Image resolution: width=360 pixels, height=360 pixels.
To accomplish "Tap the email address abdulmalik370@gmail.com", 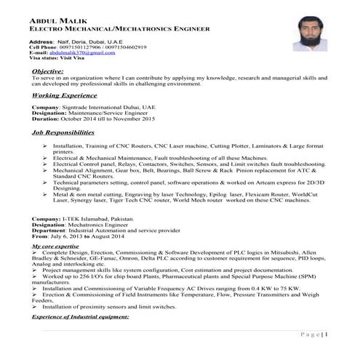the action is pos(82,53).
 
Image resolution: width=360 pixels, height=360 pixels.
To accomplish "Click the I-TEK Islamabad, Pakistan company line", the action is pos(84,219).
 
